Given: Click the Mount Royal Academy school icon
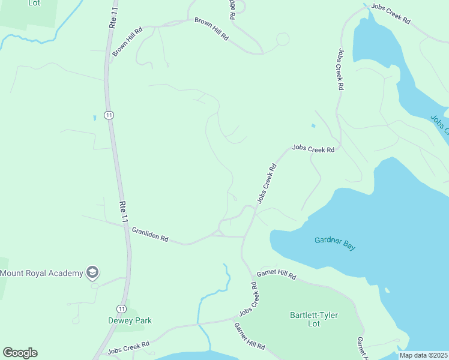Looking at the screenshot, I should [92, 273].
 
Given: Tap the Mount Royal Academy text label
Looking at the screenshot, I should [41, 274].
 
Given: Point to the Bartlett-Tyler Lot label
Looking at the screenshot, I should [313, 319].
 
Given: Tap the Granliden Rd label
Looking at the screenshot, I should [149, 234].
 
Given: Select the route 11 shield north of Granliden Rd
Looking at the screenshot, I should [108, 115].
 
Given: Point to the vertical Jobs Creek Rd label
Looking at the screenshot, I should [340, 69].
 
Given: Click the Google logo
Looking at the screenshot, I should [20, 353].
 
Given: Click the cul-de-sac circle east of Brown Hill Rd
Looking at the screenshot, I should [283, 39].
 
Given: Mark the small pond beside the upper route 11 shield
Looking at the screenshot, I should [94, 118].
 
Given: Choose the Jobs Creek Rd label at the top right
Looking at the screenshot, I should [390, 14].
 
